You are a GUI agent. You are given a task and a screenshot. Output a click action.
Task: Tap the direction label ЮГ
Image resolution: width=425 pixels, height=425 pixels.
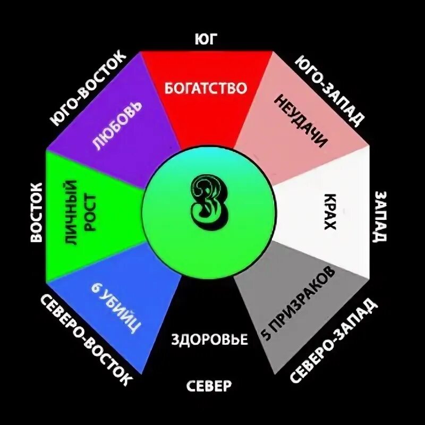click(x=207, y=39)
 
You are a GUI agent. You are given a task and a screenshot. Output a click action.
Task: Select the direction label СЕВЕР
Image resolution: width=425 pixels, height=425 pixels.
click(x=209, y=385)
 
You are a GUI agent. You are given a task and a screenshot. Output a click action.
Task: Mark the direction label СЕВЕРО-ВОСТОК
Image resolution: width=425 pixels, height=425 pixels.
click(x=84, y=340)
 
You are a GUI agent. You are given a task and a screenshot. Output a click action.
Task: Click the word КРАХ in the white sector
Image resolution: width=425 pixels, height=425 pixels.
click(x=330, y=211)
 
